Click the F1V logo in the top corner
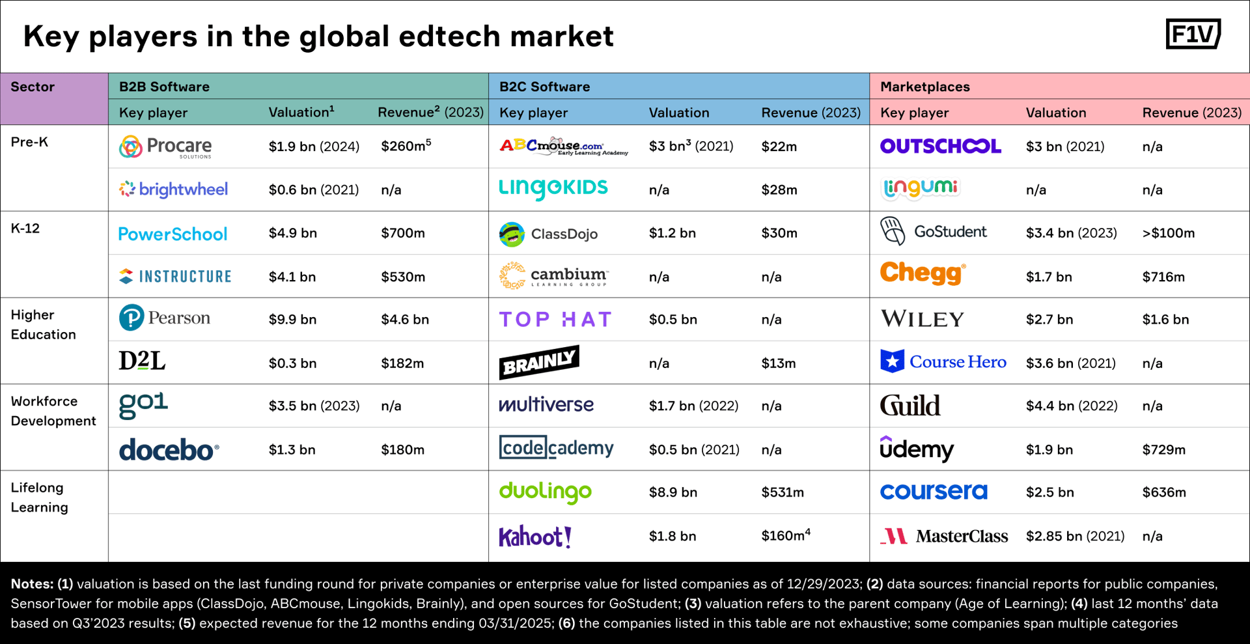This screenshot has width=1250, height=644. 1193,34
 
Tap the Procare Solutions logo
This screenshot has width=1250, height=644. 165,147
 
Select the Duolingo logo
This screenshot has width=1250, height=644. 545,492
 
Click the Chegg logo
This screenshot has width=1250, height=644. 922,273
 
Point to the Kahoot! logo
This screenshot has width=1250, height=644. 535,537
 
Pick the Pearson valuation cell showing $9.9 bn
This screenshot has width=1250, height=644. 292,320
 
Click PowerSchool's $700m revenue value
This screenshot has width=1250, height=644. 402,233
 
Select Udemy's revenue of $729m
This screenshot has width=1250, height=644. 1163,450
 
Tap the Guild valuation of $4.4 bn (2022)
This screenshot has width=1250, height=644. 1071,406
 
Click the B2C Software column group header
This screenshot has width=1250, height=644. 544,87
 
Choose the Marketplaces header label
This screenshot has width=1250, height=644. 924,87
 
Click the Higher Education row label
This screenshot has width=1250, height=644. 43,325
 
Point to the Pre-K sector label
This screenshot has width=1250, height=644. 29,142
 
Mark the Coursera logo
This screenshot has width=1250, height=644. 933,492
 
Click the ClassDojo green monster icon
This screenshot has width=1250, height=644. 512,234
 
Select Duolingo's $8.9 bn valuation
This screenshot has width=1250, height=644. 673,493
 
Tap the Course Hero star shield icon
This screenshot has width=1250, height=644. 892,361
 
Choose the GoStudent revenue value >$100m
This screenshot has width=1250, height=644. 1168,233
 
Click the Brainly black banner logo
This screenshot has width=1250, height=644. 538,363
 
